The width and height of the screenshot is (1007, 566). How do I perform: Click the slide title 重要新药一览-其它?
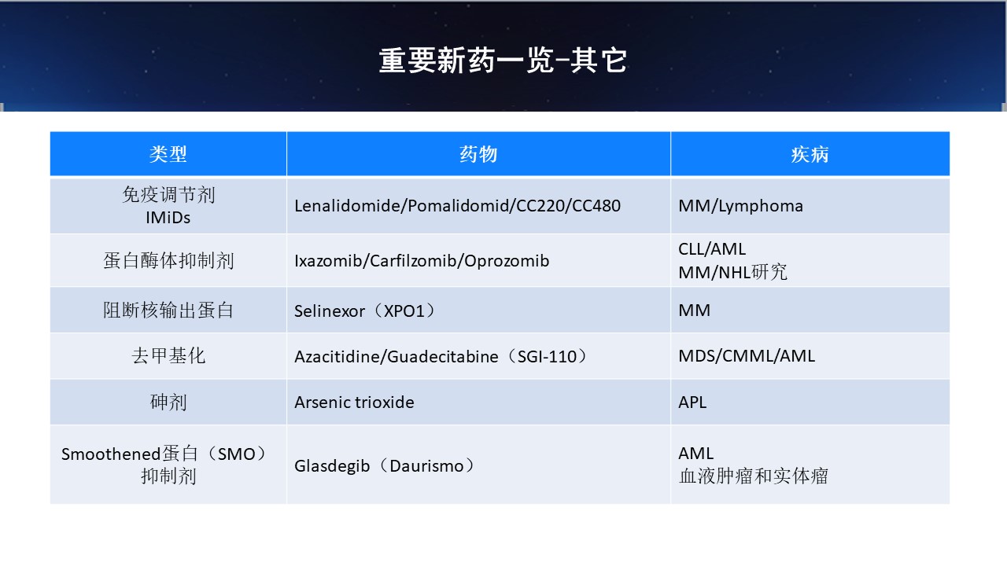[503, 61]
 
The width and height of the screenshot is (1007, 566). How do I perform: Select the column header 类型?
[168, 154]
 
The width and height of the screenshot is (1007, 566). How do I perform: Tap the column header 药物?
[478, 154]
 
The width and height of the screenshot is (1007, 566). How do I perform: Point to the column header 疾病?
[810, 154]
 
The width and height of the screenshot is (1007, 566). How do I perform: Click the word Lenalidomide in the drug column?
[349, 206]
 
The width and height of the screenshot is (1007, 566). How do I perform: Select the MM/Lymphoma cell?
[740, 206]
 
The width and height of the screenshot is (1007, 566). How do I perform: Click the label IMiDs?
[168, 218]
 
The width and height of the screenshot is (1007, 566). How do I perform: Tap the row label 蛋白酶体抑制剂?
[168, 260]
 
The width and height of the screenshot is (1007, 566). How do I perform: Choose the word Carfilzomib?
[411, 260]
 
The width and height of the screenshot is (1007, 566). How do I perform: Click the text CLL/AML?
[712, 249]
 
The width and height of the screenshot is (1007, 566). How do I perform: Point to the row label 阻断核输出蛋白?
[168, 311]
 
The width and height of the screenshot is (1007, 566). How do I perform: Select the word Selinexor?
[330, 311]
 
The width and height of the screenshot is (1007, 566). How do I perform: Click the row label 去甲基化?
[168, 356]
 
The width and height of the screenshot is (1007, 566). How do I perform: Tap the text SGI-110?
[547, 357]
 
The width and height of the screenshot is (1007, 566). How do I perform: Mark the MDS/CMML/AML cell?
[747, 356]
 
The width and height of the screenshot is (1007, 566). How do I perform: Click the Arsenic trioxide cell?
[354, 402]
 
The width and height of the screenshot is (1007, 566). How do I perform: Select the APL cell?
[692, 402]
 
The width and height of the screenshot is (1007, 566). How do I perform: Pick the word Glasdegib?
[332, 466]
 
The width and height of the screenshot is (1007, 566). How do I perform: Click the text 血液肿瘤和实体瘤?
[754, 476]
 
